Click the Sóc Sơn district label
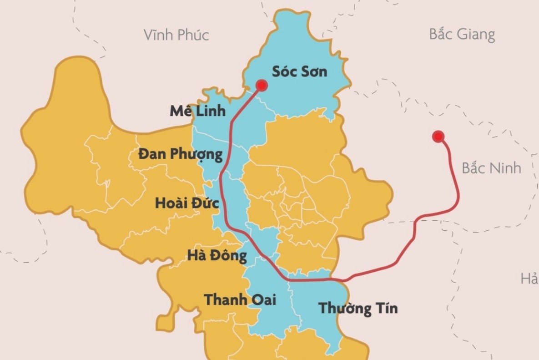[x=299, y=71]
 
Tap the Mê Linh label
[x=197, y=111]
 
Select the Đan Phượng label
[x=181, y=155]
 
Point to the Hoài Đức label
[x=187, y=203]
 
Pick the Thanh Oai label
[x=240, y=300]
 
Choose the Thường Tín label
[x=358, y=308]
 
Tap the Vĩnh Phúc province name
[x=176, y=35]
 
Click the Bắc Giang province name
[x=462, y=34]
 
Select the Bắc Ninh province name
[x=491, y=168]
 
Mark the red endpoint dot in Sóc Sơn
[x=262, y=85]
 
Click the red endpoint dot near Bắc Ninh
[x=438, y=137]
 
